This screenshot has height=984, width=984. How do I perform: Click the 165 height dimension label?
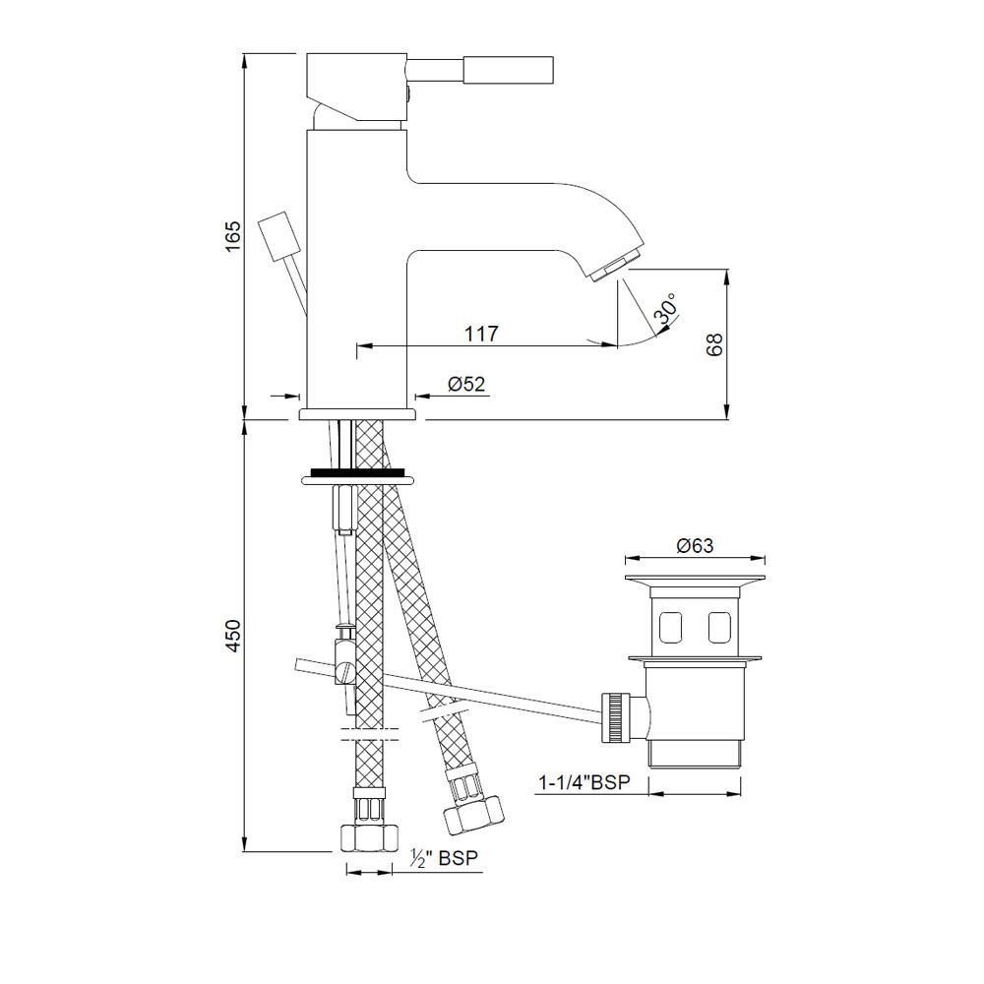click(x=233, y=236)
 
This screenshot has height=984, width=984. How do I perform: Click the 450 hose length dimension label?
click(x=233, y=636)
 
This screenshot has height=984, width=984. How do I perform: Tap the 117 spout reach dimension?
click(x=481, y=334)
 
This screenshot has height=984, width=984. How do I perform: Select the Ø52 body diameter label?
click(x=466, y=384)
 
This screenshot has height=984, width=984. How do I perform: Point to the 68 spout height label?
click(x=714, y=344)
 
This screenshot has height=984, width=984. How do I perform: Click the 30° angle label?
click(x=666, y=308)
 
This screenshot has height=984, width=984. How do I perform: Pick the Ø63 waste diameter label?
click(x=695, y=545)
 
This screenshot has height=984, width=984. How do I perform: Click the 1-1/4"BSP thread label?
click(x=584, y=782)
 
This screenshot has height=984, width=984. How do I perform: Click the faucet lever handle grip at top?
click(x=510, y=69)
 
